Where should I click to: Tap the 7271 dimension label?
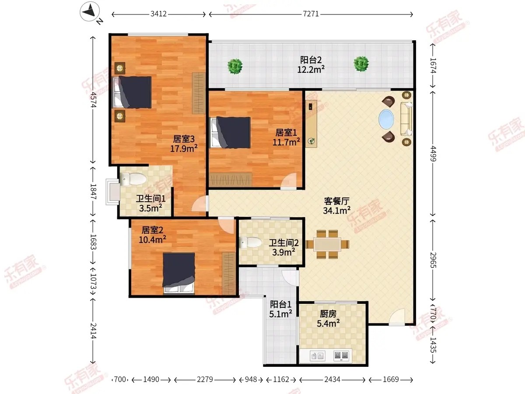point(311,14)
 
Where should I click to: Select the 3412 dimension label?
point(158,14)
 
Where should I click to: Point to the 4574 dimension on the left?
point(93,100)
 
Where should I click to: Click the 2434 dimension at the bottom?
point(332,380)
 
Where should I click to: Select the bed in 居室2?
point(178,274)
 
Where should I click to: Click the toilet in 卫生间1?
point(133,179)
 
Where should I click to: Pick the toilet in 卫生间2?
point(250,243)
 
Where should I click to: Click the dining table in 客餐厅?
point(327,244)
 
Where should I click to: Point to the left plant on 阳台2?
point(235,66)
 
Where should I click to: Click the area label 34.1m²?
point(336,211)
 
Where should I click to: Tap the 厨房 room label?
point(328,314)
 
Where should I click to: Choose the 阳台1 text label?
point(280,304)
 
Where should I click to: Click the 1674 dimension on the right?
point(433,66)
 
